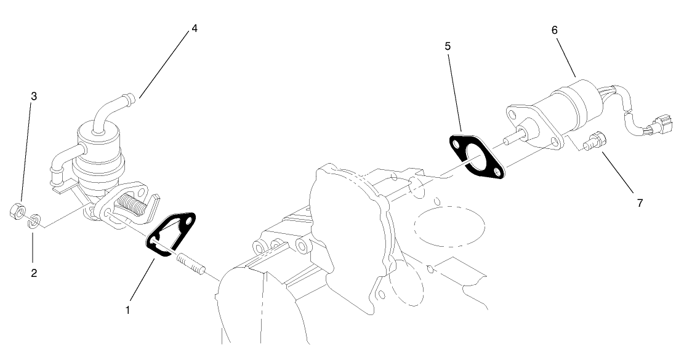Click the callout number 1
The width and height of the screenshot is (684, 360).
128,310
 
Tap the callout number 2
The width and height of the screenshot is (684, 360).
34,273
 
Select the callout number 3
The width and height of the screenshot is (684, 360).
34,97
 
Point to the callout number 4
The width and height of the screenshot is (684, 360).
194,28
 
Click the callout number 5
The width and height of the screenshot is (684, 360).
448,46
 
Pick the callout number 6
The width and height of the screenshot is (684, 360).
555,30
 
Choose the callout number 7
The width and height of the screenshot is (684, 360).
640,202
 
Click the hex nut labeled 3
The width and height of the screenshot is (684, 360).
17,211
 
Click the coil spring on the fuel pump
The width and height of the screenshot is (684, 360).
131,204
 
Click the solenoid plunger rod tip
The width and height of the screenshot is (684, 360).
507,141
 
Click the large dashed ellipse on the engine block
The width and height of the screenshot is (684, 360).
449,226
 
